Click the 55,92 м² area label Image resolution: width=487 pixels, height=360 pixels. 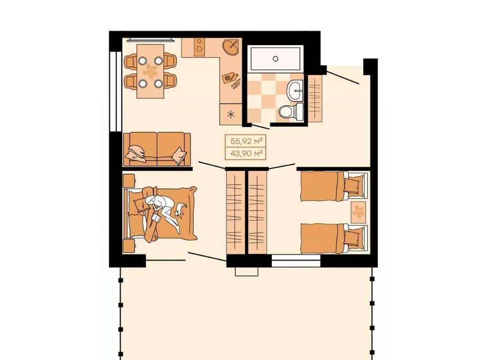coord(246,141)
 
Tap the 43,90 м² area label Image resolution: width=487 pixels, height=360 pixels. coord(246,153)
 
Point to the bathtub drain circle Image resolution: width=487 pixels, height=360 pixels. coord(275,58)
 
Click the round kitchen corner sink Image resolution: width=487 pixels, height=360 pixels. coord(231,47)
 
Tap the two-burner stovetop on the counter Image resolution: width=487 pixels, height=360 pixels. coord(200,47)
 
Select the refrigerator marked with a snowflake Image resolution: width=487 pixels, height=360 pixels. coord(231,115)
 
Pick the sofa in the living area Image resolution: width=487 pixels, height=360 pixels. coord(157,149)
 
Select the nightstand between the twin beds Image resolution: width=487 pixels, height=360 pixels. coord(359,212)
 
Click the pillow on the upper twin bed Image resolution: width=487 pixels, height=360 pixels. coord(353,185)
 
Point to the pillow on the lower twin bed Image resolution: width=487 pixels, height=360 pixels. coord(353,237)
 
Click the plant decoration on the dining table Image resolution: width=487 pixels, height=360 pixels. coord(150,71)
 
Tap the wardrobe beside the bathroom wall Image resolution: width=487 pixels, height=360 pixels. coord(315,98)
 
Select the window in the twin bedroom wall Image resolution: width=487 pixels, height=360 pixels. coord(296,261)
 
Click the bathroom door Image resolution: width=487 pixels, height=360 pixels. coord(260,126)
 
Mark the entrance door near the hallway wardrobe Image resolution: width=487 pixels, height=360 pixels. coord(343,78)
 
